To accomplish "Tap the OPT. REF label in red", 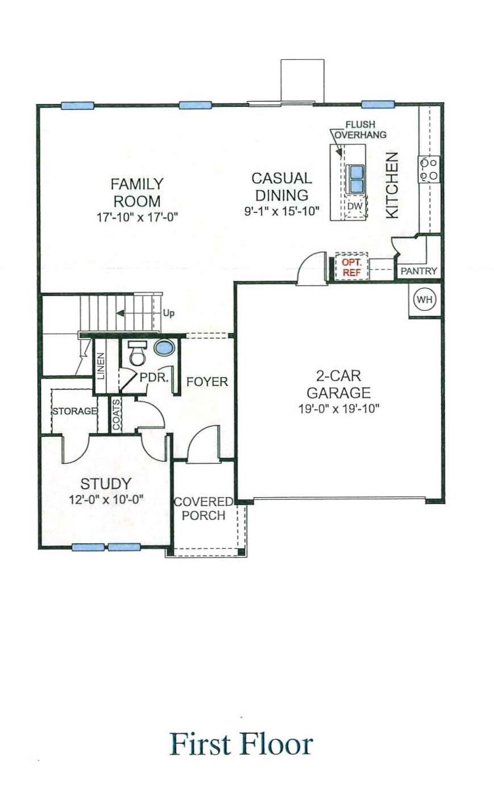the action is pos(351,267).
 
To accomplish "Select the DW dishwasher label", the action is pos(354,206).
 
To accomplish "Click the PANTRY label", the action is pos(419,271).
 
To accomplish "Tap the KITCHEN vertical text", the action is pos(392,185).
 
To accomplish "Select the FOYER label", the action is pos(207,381).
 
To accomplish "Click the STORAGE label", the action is pos(74,411).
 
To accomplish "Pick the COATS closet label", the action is pos(117,414).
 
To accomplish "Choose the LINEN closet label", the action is pos(101,366).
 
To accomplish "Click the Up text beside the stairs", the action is pos(169,313).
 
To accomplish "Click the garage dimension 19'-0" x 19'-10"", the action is pos(338,409).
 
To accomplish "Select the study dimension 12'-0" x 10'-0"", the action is pos(106,499).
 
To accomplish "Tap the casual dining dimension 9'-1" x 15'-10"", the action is pos(281,211).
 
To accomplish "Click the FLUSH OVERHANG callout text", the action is pos(360,130).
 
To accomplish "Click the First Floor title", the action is pos(241,744).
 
